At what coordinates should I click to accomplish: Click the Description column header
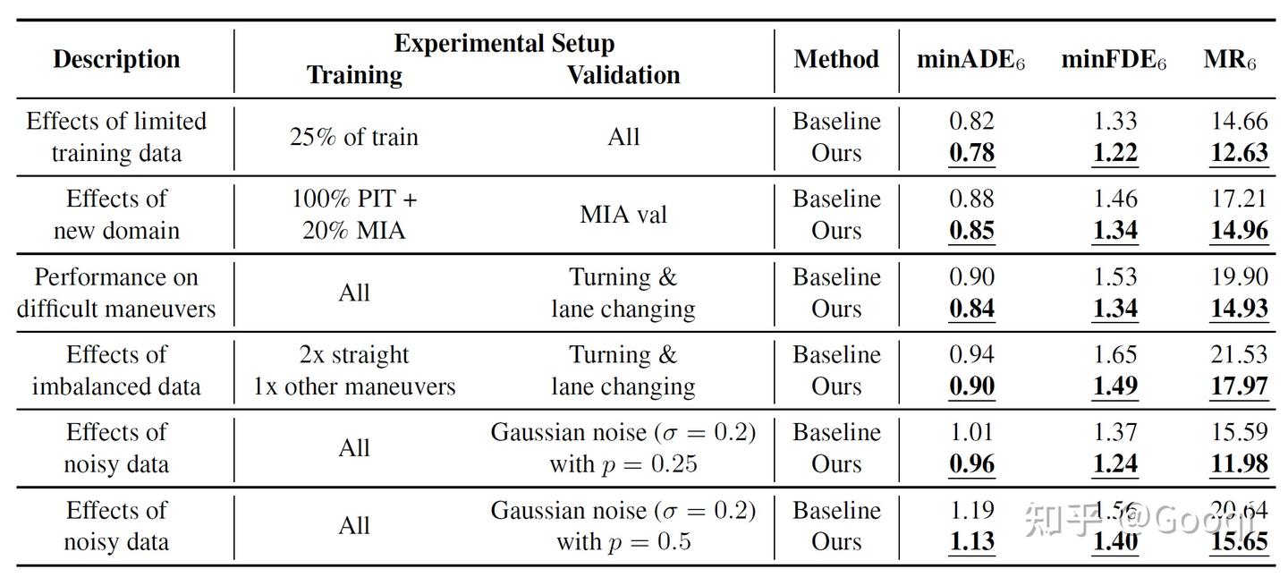point(116,60)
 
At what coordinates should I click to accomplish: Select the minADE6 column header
point(970,60)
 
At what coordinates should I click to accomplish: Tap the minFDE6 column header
point(1114,60)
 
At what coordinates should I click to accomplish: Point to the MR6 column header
point(1230,60)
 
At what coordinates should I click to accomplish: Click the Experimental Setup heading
point(504,44)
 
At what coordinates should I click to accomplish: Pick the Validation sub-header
point(623,75)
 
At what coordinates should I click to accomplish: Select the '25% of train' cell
point(354,137)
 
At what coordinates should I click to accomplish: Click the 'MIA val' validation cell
point(623,215)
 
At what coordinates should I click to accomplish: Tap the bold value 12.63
point(1239,153)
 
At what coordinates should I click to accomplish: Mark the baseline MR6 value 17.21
point(1239,199)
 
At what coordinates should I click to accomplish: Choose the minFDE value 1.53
point(1114,276)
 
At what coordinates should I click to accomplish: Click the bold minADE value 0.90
point(971,386)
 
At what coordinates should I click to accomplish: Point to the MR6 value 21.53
point(1239,354)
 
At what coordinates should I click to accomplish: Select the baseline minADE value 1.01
point(971,432)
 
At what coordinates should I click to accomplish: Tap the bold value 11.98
point(1239,464)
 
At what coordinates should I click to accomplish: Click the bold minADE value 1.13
point(971,542)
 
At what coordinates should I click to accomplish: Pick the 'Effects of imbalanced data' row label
point(116,370)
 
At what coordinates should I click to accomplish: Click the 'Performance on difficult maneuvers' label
point(116,293)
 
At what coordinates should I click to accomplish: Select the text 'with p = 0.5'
point(623,542)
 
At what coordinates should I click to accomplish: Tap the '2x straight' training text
point(354,354)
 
